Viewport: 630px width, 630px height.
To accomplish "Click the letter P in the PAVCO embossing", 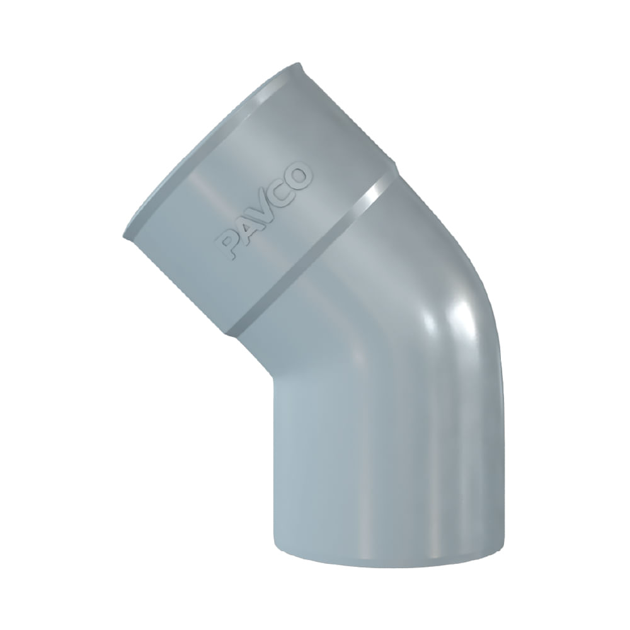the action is [x=227, y=246].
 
